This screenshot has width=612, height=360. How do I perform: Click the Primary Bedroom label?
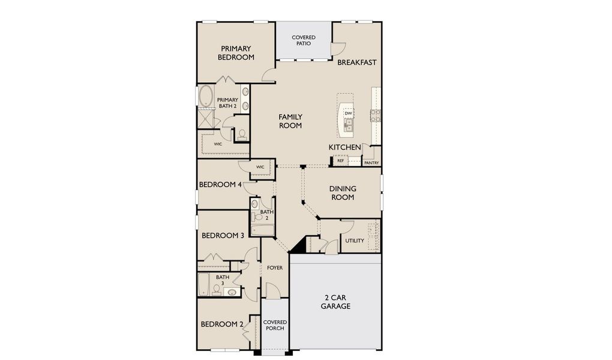click(236, 53)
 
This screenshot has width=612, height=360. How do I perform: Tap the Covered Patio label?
click(304, 40)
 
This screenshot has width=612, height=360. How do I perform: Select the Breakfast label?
click(356, 62)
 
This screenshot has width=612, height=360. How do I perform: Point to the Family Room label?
click(290, 121)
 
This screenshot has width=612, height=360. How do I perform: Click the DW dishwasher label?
click(348, 113)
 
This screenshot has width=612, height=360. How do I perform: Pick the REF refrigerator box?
click(340, 161)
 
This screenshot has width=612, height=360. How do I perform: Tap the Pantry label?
click(371, 163)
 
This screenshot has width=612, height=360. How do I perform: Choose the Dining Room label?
click(342, 193)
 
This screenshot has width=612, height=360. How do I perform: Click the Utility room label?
click(355, 241)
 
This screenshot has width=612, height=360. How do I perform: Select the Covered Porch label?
click(274, 325)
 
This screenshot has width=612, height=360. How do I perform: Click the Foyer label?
click(275, 268)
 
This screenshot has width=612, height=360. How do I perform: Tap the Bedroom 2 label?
click(222, 324)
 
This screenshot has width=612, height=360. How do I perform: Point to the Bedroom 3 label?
click(222, 236)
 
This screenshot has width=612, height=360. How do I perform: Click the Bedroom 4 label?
click(220, 185)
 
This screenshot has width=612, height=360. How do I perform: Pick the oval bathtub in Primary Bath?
click(206, 96)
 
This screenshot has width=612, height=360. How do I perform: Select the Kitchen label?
click(344, 147)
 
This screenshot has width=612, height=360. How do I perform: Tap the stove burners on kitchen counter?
click(375, 115)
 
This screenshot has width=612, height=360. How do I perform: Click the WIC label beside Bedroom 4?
click(260, 167)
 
